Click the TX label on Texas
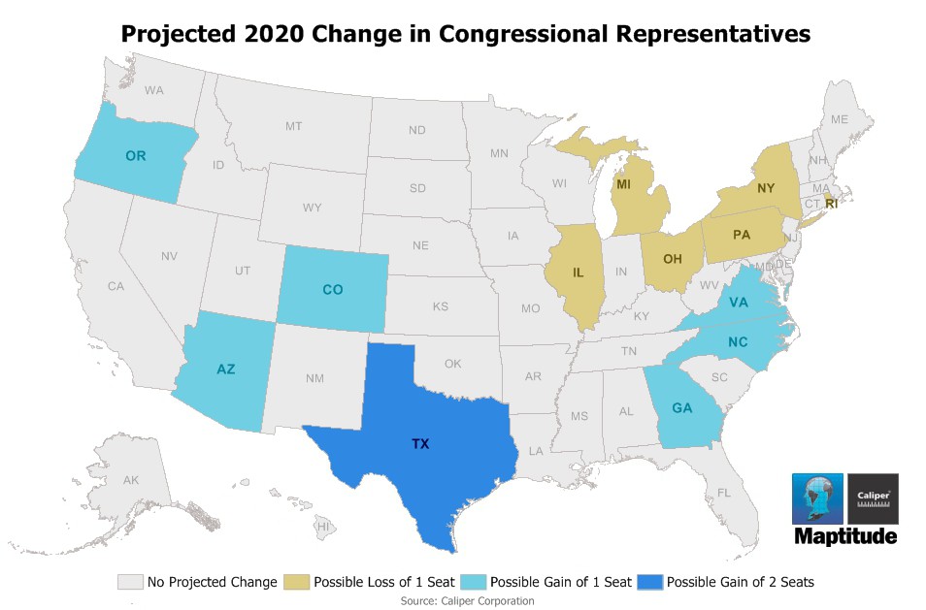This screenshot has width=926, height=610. [420, 443]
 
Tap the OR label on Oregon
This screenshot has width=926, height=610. [136, 155]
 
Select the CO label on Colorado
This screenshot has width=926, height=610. [332, 289]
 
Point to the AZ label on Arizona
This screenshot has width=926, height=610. [225, 369]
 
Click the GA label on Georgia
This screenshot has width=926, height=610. [681, 408]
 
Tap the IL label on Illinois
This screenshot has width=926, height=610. [579, 273]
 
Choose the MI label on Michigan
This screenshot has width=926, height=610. [625, 184]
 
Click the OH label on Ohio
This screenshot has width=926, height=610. [673, 259]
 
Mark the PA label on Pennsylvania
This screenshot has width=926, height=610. [742, 234]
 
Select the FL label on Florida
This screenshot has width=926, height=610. [724, 493]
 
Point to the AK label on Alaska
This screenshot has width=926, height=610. [131, 480]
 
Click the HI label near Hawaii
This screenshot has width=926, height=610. [324, 526]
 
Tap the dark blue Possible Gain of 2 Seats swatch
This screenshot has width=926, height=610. [649, 582]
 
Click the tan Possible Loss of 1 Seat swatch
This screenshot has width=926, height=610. [297, 582]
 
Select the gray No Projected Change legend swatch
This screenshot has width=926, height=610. [130, 582]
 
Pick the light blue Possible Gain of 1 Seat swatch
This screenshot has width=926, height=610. [474, 582]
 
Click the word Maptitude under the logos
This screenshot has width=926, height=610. [845, 536]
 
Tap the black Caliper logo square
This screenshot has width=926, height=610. [873, 498]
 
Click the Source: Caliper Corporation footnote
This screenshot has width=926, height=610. [467, 601]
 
